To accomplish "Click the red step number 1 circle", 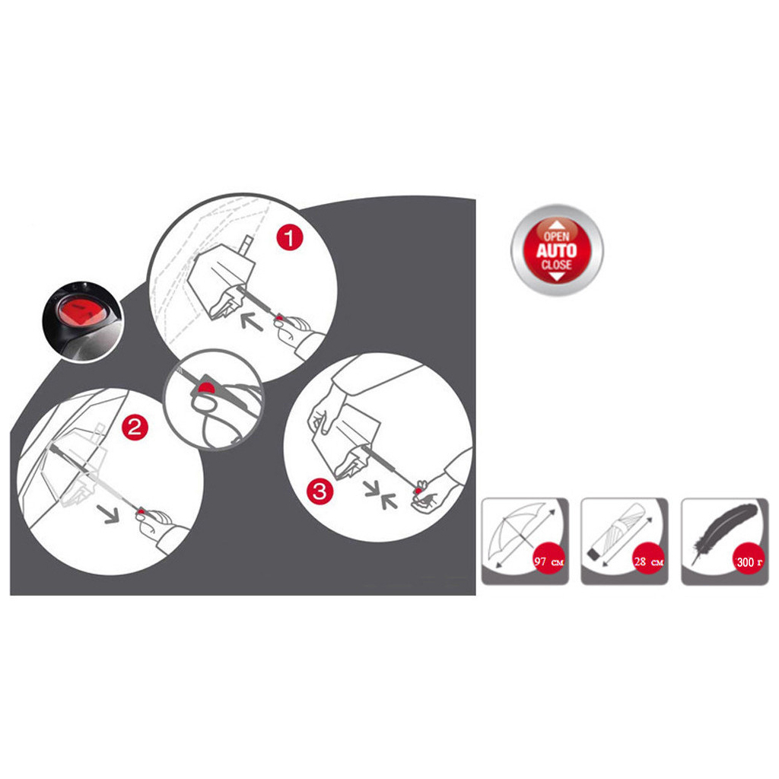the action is click(290, 238).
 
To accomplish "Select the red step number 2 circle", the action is click(135, 427).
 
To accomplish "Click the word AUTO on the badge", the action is click(556, 250).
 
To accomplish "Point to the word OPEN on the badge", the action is click(556, 237).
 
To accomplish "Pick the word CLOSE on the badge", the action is click(556, 265).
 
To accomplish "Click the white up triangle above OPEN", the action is click(557, 225).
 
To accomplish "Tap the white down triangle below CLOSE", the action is click(557, 276).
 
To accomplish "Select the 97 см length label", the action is click(549, 562).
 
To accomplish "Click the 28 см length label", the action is click(648, 561).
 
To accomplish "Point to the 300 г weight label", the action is click(749, 562).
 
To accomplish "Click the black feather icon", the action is click(725, 532).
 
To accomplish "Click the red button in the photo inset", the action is click(79, 311).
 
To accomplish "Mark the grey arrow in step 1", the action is click(252, 321).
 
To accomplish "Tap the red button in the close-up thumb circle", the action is click(205, 387).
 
